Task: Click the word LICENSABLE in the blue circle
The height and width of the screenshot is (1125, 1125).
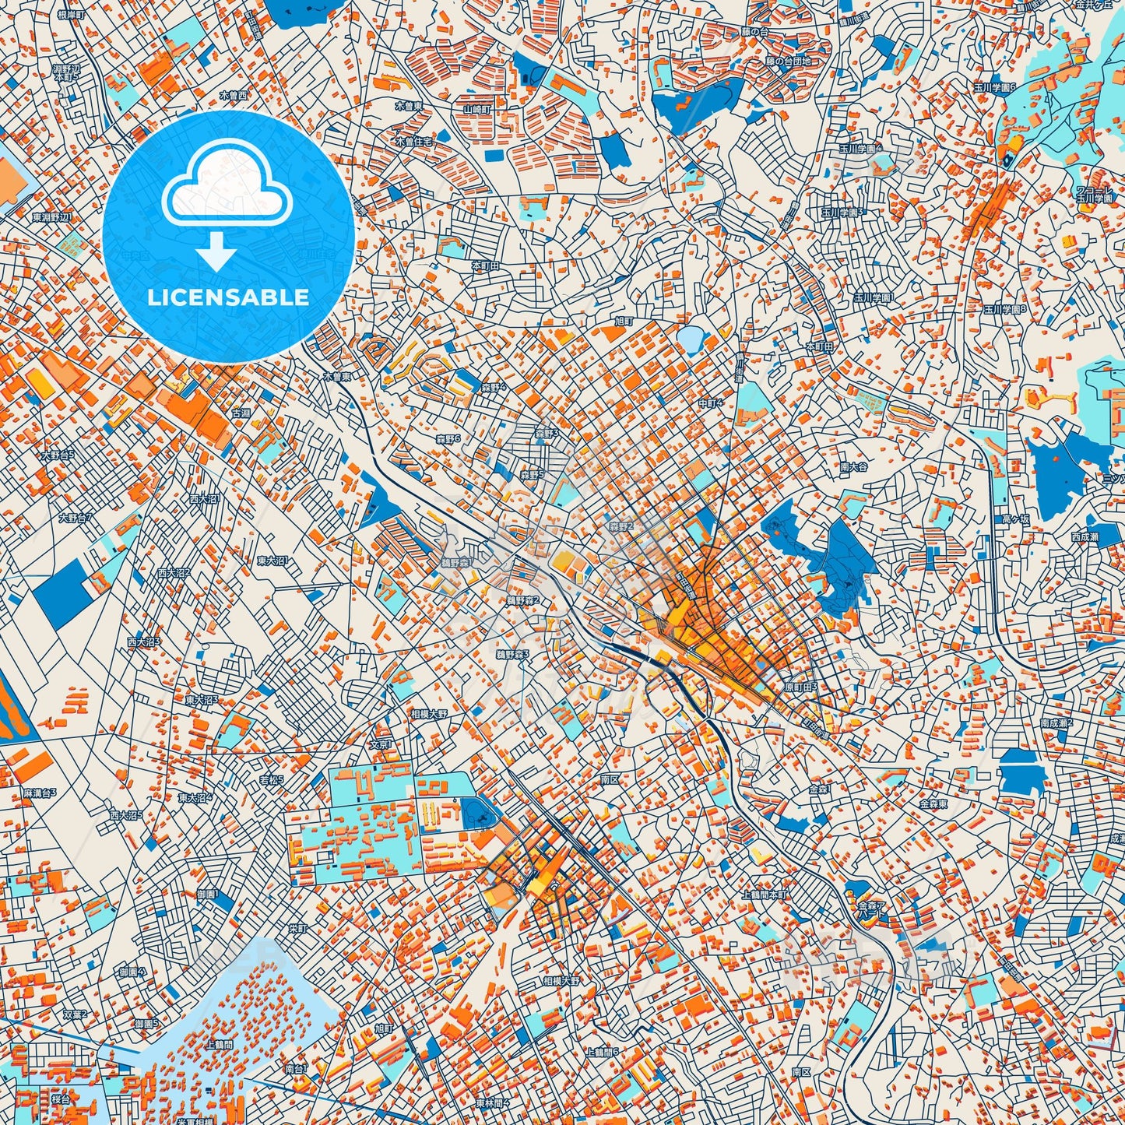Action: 228,297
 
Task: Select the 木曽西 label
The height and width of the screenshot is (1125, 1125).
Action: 232,95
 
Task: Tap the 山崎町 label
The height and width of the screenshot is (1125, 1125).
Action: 476,110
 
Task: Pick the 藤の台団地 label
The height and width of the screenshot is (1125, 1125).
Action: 787,61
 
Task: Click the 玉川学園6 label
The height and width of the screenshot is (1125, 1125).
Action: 996,88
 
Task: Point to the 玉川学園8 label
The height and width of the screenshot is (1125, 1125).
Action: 1004,309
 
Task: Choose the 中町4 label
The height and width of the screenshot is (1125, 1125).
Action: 710,403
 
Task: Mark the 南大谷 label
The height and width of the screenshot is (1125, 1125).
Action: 854,467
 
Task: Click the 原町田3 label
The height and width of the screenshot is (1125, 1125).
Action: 800,687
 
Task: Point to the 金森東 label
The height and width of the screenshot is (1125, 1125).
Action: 933,803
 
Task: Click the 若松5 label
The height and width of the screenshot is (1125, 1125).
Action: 271,779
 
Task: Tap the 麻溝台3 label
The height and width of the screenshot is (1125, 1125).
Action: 39,793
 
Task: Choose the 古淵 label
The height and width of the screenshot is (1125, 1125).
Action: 241,413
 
